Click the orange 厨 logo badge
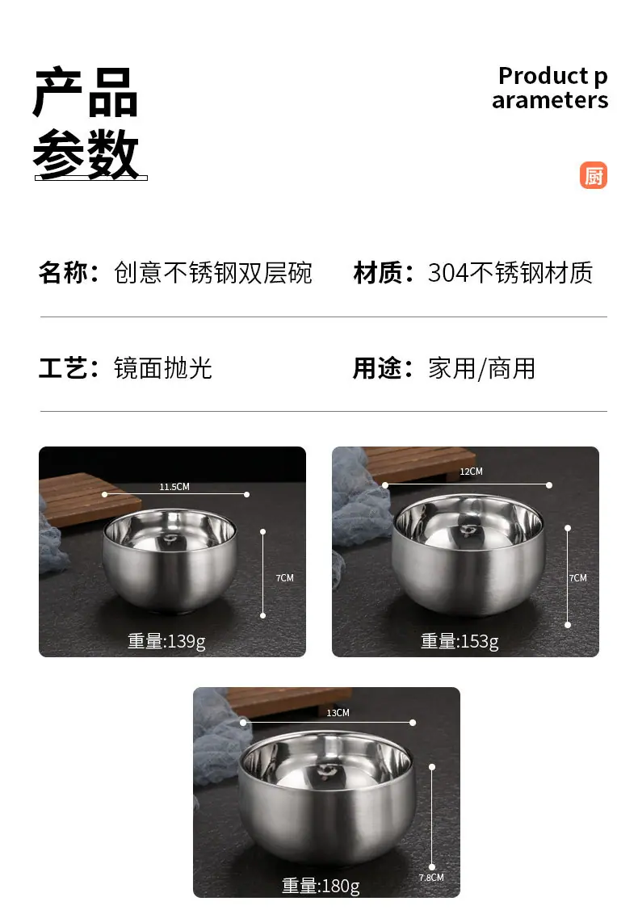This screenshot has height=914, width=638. pyautogui.click(x=593, y=175)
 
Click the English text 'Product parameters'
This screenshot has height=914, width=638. pyautogui.click(x=550, y=87)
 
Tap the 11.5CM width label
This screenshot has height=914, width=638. pyautogui.click(x=174, y=487)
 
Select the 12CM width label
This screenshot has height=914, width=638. pyautogui.click(x=471, y=472)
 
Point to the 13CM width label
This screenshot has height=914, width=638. pyautogui.click(x=338, y=713)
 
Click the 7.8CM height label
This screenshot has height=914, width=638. pyautogui.click(x=431, y=878)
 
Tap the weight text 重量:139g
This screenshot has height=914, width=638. pyautogui.click(x=166, y=641)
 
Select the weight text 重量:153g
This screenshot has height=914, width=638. pyautogui.click(x=460, y=641)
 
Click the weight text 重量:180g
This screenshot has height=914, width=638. pyautogui.click(x=321, y=886)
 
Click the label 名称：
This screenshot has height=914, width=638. pyautogui.click(x=69, y=273)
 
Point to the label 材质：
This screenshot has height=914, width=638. pyautogui.click(x=384, y=273)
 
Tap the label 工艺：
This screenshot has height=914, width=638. pyautogui.click(x=69, y=368)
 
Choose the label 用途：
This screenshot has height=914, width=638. pyautogui.click(x=384, y=368)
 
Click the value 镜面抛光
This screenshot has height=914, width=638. pyautogui.click(x=162, y=368)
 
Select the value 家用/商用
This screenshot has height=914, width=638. pyautogui.click(x=481, y=368)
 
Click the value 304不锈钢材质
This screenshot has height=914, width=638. pyautogui.click(x=510, y=273)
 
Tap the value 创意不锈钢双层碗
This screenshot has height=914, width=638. pyautogui.click(x=213, y=273)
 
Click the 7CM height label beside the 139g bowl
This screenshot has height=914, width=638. pyautogui.click(x=284, y=577)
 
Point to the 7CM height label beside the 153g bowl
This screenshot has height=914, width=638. pyautogui.click(x=578, y=577)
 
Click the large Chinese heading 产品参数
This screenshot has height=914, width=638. pyautogui.click(x=86, y=123)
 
